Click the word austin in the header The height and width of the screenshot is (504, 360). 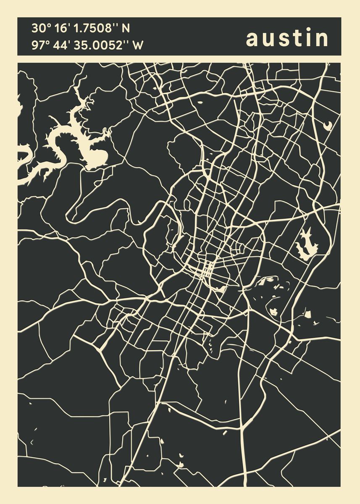coord(287,38)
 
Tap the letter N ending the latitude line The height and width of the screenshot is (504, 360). coord(126,29)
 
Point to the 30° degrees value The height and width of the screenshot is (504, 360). coord(41,29)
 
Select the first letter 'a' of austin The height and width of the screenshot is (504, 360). coord(252,39)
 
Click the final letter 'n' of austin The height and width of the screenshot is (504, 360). coord(322,39)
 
